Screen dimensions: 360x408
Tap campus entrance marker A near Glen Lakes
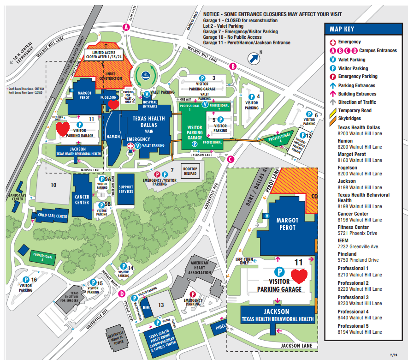[x=126, y=27]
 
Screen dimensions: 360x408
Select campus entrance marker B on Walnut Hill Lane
[x=233, y=66]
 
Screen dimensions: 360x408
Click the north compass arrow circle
[x=253, y=58]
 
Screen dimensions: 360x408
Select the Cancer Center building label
[x=82, y=199]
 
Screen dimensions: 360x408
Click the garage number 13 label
[x=160, y=305]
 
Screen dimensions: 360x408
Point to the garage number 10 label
[x=53, y=185]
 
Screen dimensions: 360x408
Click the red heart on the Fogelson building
[x=113, y=104]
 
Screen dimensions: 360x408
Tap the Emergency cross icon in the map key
[x=332, y=42]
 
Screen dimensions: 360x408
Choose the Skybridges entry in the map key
[x=349, y=119]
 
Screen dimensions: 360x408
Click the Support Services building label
[x=125, y=189]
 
